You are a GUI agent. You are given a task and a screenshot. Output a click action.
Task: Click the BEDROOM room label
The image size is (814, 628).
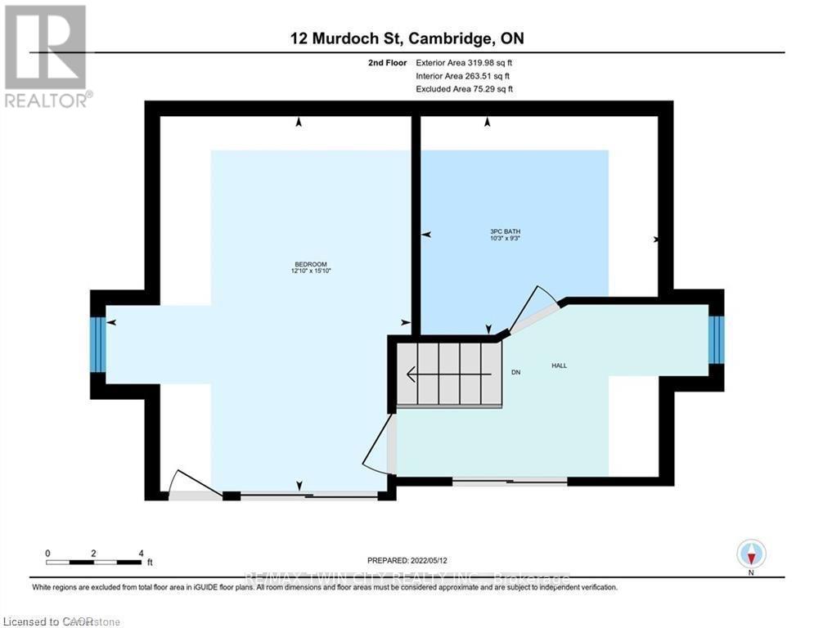311,263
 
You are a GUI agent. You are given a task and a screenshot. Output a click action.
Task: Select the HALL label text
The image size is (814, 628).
560,366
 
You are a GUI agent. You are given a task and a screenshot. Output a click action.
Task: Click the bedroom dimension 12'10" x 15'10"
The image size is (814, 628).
311,271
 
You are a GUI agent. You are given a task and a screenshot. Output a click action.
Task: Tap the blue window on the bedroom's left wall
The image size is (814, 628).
98,344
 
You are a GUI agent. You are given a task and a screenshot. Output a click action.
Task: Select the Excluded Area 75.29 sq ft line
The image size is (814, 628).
465,88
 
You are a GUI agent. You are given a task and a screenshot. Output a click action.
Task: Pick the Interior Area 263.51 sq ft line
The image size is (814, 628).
464,75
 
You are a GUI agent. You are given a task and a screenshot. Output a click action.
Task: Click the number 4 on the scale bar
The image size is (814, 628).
141,554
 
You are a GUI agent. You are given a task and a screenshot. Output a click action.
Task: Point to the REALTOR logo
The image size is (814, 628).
46,54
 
